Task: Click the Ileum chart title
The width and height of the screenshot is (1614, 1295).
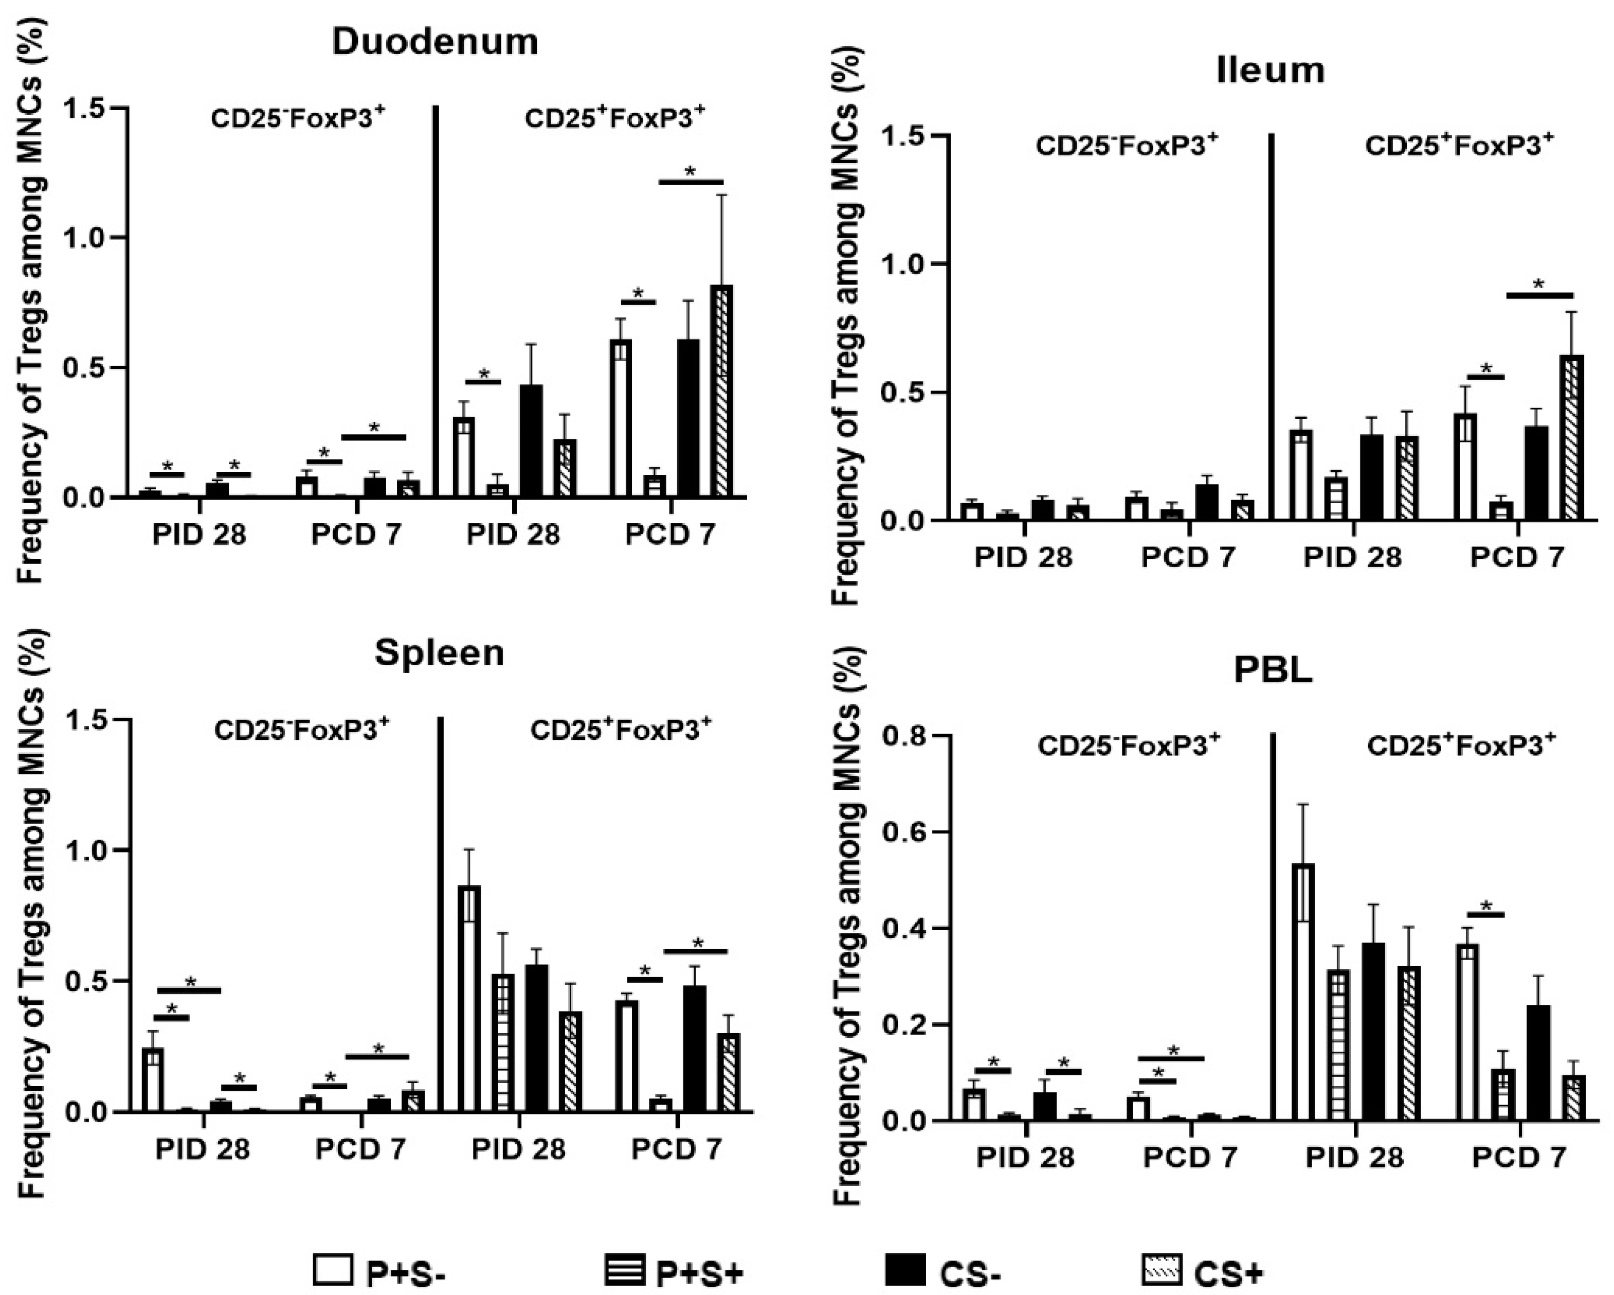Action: pyautogui.click(x=1271, y=69)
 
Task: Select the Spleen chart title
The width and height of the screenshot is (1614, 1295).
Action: pyautogui.click(x=440, y=653)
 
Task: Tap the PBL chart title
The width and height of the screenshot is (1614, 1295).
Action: pyautogui.click(x=1273, y=671)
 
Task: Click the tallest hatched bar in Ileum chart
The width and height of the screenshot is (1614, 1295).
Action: pyautogui.click(x=1571, y=438)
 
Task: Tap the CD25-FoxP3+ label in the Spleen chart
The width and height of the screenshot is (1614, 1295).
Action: pyautogui.click(x=302, y=730)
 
